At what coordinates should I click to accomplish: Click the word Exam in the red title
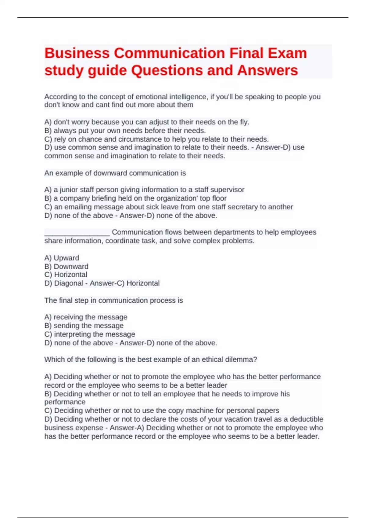(287, 53)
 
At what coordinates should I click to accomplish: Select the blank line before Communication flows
(77, 233)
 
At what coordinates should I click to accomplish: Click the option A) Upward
(62, 258)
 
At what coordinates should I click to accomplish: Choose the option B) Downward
(66, 267)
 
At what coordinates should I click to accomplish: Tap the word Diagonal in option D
(69, 283)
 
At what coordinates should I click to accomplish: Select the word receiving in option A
(69, 317)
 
